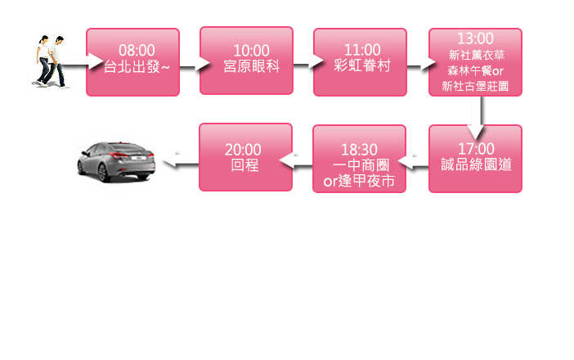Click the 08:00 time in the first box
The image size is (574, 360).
[x=132, y=51]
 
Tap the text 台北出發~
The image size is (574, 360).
[x=132, y=65]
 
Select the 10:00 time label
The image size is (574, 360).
[x=246, y=51]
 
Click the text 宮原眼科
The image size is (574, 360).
[x=246, y=65]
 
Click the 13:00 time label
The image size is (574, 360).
[x=475, y=38]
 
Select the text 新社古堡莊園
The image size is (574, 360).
[x=475, y=86]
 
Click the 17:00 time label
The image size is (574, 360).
[x=475, y=148]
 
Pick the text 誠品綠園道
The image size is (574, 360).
[x=475, y=164]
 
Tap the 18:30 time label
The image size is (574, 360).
[x=359, y=149]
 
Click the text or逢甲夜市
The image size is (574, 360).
[x=359, y=181]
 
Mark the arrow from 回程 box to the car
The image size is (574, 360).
[x=180, y=164]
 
